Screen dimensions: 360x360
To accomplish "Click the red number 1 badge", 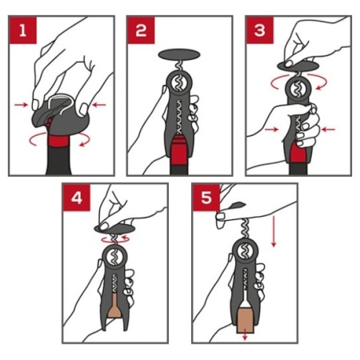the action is [x=23, y=30].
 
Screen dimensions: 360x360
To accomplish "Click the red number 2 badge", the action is [x=141, y=30].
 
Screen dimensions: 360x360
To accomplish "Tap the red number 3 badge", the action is [x=260, y=30].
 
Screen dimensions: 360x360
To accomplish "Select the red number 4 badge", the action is [x=77, y=198].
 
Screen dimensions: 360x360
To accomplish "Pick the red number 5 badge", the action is [x=206, y=198].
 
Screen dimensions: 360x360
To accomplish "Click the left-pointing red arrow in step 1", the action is [x=98, y=105].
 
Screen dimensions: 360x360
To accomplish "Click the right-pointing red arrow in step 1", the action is [x=21, y=105].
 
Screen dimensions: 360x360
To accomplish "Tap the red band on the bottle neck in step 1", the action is [x=59, y=141].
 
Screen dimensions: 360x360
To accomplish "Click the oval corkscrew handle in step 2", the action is [x=179, y=54].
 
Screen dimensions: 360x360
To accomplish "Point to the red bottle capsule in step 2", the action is [x=179, y=150].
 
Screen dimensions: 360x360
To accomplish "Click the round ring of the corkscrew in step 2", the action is [x=179, y=83].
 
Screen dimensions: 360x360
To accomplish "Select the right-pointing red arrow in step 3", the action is [x=271, y=130].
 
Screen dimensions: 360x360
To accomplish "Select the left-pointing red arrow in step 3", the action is [x=329, y=130].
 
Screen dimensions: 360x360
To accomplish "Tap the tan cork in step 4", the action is [x=114, y=306].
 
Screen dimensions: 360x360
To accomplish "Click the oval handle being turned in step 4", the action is [x=115, y=229].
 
